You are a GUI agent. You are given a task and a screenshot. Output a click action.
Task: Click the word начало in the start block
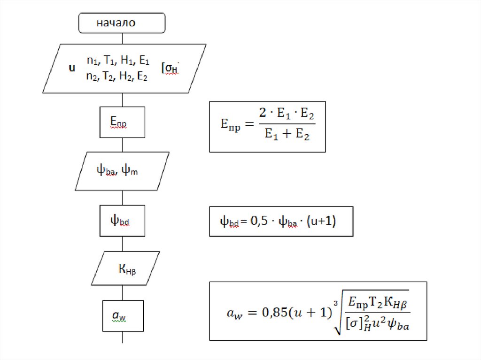(x=116, y=23)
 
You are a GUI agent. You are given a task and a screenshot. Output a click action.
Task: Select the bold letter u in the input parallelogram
(x=72, y=68)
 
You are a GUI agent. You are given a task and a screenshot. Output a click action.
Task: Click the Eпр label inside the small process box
(x=118, y=122)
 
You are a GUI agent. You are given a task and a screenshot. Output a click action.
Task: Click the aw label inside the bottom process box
(x=119, y=316)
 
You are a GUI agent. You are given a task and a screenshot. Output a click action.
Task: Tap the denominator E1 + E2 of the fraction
(x=287, y=135)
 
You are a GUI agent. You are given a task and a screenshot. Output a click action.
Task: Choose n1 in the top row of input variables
(x=92, y=61)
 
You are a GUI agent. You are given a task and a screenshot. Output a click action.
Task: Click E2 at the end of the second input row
(x=142, y=77)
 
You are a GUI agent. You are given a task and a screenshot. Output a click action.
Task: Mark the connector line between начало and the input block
(x=123, y=38)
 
